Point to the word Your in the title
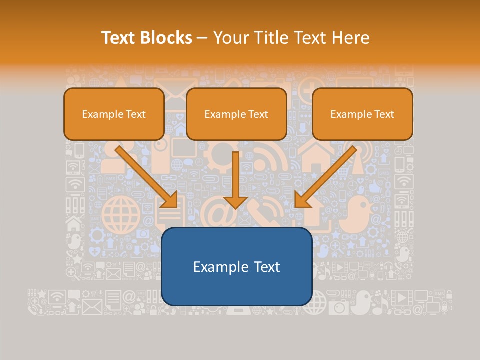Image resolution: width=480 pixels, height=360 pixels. [x=229, y=38]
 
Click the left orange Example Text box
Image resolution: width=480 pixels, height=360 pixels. [x=114, y=114]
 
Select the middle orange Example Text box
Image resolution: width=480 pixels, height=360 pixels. [x=236, y=114]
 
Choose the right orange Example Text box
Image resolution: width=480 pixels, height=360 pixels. [x=362, y=114]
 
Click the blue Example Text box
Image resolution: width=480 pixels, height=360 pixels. [x=236, y=266]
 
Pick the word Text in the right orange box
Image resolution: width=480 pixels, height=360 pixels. [x=383, y=114]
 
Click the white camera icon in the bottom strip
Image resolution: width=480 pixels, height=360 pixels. [x=339, y=306]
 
